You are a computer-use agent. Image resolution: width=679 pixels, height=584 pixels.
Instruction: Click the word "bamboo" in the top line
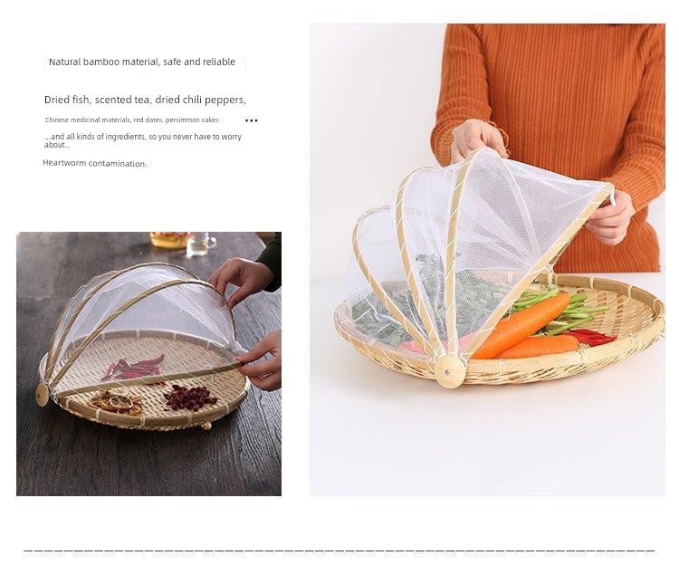click(101, 62)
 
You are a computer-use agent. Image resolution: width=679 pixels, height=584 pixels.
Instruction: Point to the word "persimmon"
click(181, 120)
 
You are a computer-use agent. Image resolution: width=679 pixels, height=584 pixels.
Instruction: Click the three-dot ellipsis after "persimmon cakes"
click(251, 120)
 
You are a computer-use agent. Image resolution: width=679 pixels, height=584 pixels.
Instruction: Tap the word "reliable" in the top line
click(219, 62)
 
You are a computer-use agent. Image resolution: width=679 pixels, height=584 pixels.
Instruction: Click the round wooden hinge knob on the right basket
click(449, 371)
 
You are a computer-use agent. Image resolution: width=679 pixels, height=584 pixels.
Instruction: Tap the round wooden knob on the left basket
click(42, 395)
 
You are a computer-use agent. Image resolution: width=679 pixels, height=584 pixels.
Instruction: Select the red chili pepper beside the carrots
click(592, 337)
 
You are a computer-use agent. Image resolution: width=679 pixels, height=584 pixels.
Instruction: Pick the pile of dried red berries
click(189, 397)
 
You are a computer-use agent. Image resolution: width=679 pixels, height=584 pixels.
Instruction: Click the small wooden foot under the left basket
click(207, 426)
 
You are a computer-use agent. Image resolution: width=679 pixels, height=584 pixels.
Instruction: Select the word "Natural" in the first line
click(65, 62)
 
